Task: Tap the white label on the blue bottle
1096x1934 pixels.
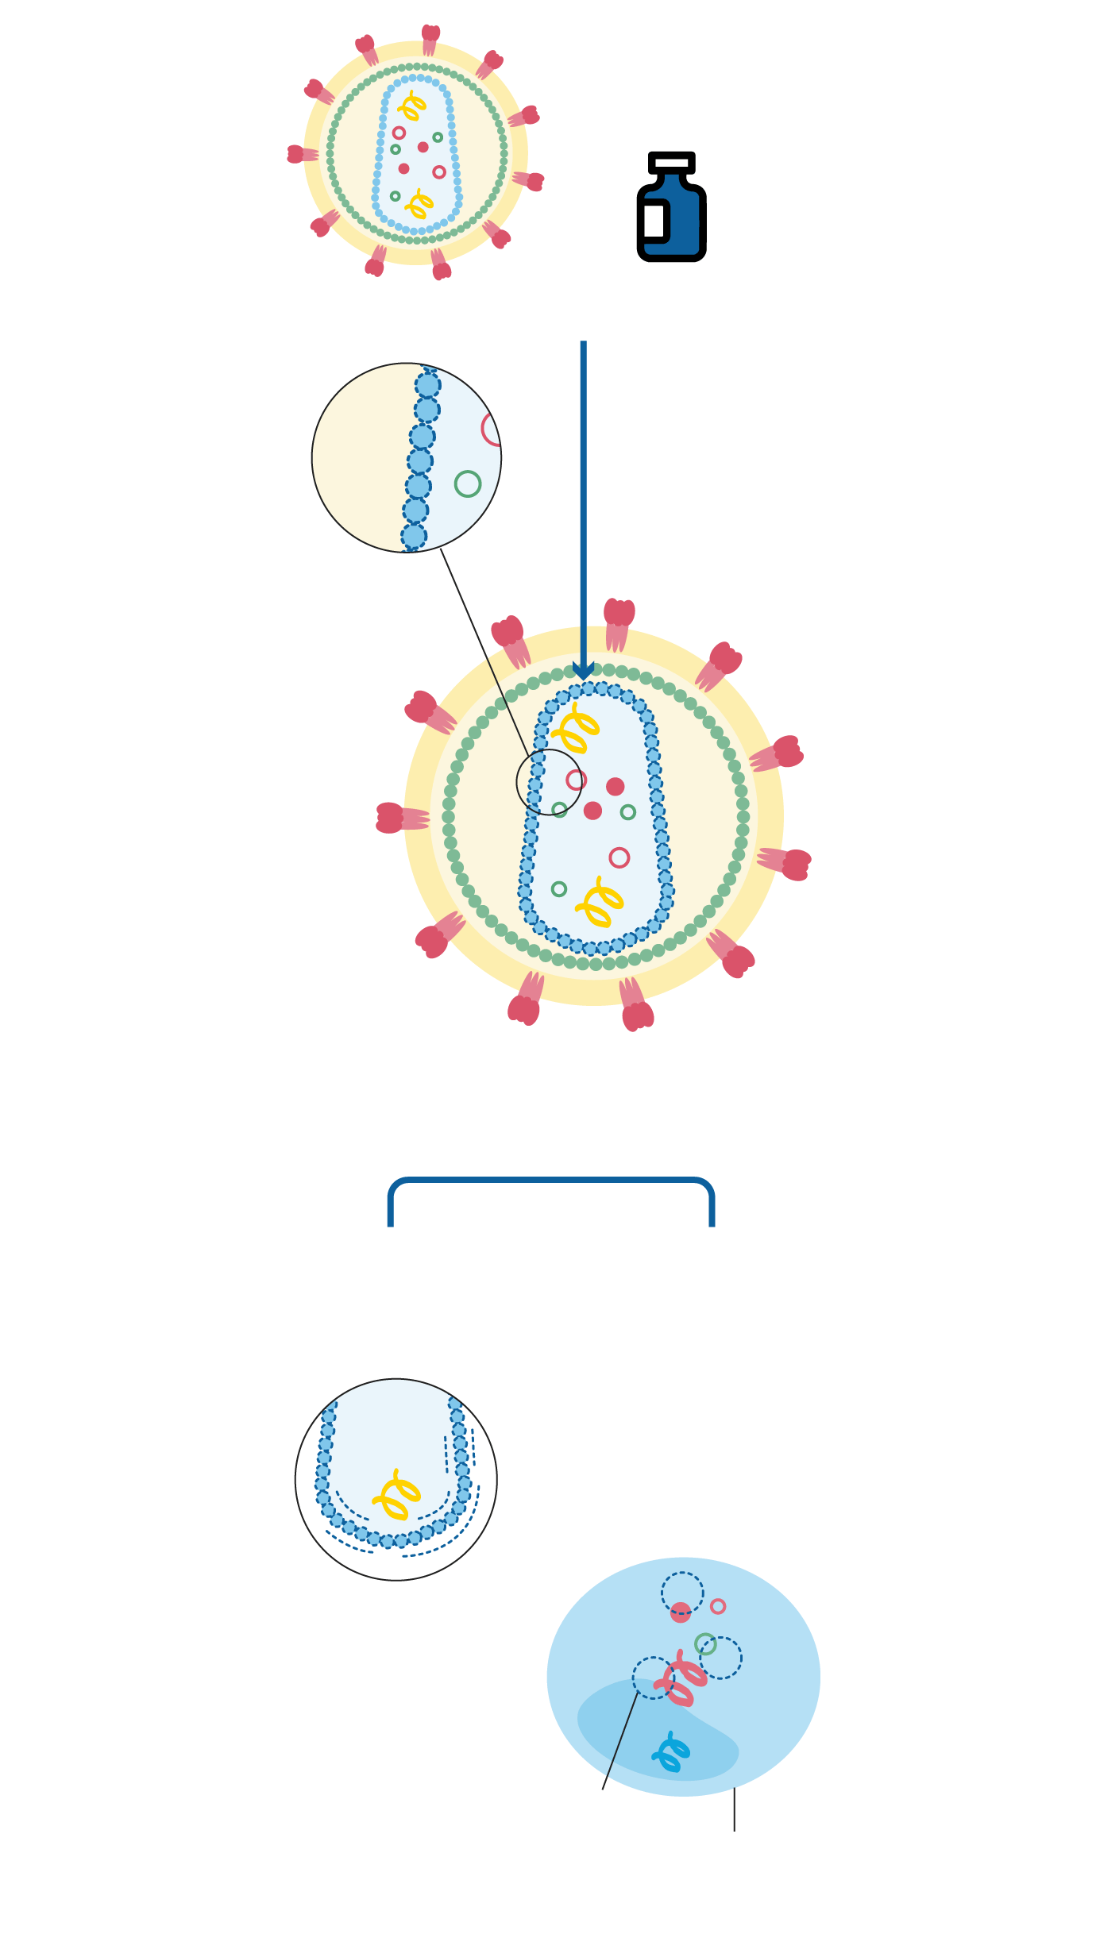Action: tap(654, 220)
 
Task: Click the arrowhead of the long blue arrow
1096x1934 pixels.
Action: tap(584, 671)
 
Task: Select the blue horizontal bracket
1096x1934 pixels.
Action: tap(550, 1181)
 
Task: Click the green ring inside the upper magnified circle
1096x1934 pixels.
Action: tap(468, 483)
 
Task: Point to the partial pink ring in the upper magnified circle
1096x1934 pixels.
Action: tap(491, 430)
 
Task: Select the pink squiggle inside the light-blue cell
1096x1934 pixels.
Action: tap(681, 1680)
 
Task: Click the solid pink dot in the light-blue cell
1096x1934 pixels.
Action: tap(681, 1612)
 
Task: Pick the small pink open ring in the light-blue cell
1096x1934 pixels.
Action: tap(718, 1606)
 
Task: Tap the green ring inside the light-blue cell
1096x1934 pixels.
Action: tap(705, 1643)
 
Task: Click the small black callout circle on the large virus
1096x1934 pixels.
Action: tap(549, 782)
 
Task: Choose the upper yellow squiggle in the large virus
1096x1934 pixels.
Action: tap(576, 727)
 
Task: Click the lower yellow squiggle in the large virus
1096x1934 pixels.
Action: tap(600, 902)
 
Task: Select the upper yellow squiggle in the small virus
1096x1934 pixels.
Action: tap(412, 106)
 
